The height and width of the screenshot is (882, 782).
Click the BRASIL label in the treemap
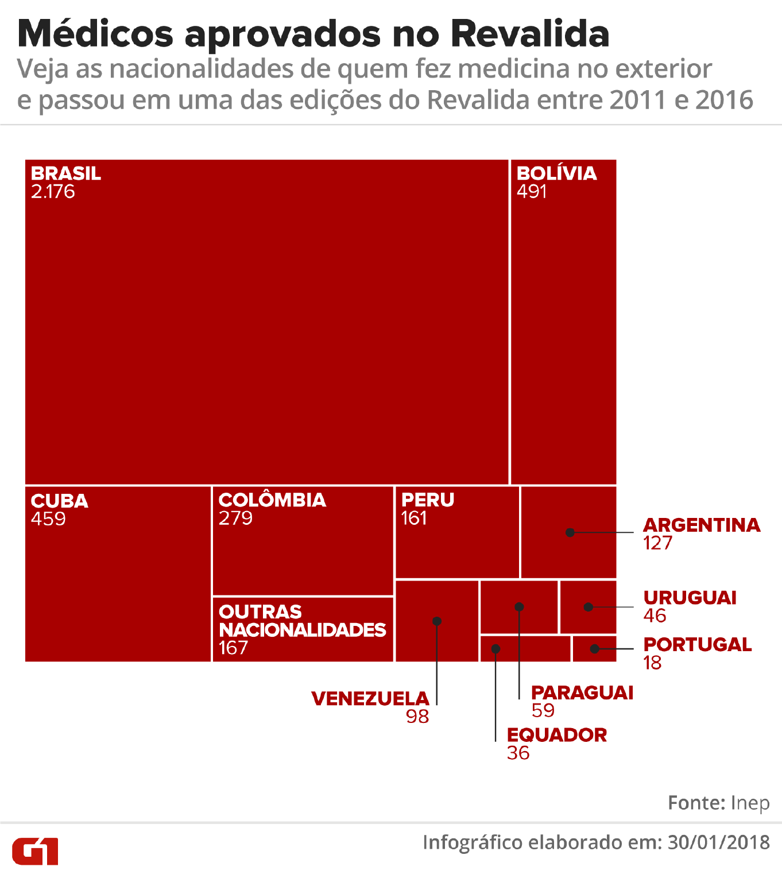click(x=66, y=173)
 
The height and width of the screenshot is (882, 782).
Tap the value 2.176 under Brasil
click(x=53, y=192)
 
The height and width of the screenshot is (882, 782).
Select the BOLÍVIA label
click(x=556, y=173)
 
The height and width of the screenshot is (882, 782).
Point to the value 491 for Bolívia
click(x=532, y=192)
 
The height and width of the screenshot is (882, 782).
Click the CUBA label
click(x=60, y=501)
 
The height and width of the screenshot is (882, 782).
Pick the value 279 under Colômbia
click(x=235, y=518)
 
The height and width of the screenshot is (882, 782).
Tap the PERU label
click(x=428, y=500)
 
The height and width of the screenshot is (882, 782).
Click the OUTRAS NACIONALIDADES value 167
click(x=233, y=648)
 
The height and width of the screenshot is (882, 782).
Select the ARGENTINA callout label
click(x=702, y=525)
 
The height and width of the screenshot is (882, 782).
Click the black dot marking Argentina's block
click(x=570, y=532)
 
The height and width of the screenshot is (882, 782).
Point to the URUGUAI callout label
click(x=690, y=598)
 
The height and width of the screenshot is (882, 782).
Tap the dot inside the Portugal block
click(x=595, y=649)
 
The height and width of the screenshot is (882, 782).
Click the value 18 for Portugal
click(x=652, y=663)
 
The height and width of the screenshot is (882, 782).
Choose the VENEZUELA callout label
click(x=370, y=698)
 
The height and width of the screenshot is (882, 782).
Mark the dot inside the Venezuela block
click(x=437, y=621)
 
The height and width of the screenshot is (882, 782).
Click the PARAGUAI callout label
click(x=582, y=693)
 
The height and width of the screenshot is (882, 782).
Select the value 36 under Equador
click(x=518, y=753)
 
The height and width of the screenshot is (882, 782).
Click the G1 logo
click(x=35, y=851)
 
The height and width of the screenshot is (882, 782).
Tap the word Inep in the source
click(x=750, y=803)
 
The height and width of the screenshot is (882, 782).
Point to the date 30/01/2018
click(x=719, y=842)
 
